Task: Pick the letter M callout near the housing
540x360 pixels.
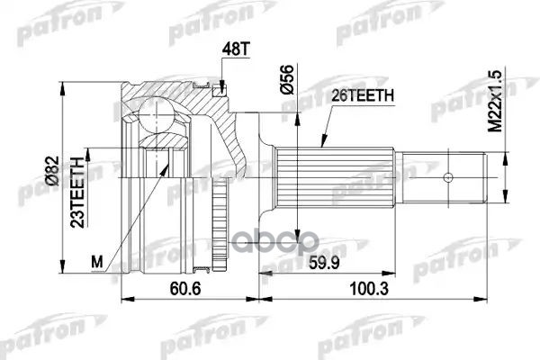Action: [99, 262]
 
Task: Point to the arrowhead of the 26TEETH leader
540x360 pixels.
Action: [320, 147]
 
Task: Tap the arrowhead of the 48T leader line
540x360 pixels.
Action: [221, 90]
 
